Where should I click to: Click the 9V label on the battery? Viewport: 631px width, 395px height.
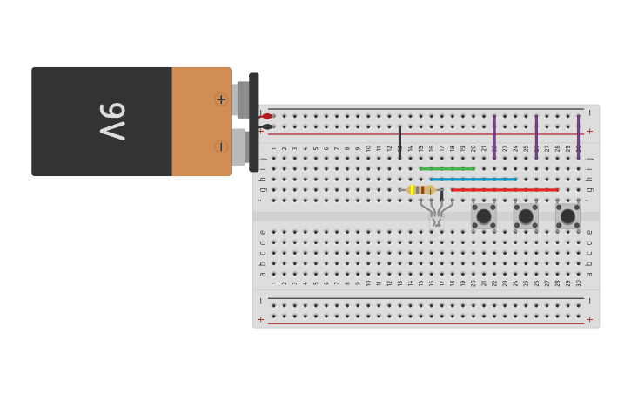tap(113, 121)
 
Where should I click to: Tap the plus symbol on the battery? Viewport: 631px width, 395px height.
tap(221, 99)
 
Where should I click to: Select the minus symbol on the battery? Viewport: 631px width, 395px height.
tap(221, 146)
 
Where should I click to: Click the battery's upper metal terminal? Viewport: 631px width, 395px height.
tap(242, 99)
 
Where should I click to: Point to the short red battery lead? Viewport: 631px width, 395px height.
tap(266, 116)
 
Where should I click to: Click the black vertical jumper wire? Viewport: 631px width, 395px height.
tap(399, 140)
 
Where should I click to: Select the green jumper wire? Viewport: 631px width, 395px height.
tap(446, 168)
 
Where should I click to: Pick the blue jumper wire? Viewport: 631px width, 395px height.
tap(473, 180)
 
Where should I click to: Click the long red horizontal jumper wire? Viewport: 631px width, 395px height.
tap(505, 189)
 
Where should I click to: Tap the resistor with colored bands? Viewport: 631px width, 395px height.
tap(421, 190)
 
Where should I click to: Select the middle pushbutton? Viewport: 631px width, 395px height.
tap(526, 215)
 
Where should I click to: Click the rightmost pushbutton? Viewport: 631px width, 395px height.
tap(567, 215)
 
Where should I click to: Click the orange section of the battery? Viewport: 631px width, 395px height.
tap(200, 122)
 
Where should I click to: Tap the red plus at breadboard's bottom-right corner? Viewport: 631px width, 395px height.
tap(589, 319)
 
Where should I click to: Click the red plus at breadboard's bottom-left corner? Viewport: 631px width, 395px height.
tap(260, 319)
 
